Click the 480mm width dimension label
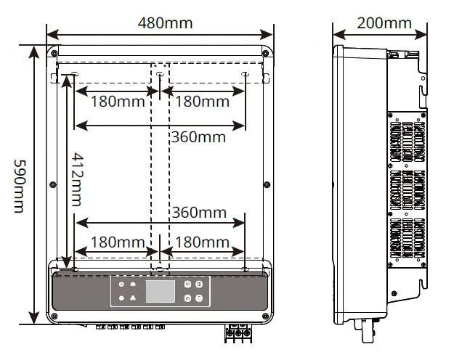point(165,22)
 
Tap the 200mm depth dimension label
point(384,22)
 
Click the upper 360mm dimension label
point(198,136)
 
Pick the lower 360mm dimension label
point(198,213)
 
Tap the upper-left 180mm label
point(117,102)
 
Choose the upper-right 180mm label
point(202,102)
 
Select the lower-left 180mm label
point(117,242)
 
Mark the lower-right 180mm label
point(202,242)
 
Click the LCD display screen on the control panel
point(161,291)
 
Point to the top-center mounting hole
point(160,73)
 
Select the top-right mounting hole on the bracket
point(245,73)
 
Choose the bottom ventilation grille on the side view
point(406,239)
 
